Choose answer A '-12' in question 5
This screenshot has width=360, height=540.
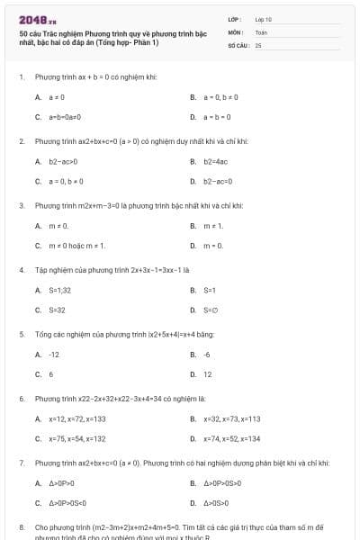(54, 355)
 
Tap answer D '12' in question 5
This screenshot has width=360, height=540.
(208, 374)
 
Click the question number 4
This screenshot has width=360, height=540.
(21, 269)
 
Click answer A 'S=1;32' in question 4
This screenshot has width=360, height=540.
(59, 291)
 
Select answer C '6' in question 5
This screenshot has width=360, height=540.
(50, 374)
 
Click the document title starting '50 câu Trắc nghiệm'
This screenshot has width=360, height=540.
(112, 38)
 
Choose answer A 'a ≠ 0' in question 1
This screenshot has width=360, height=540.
(56, 96)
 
